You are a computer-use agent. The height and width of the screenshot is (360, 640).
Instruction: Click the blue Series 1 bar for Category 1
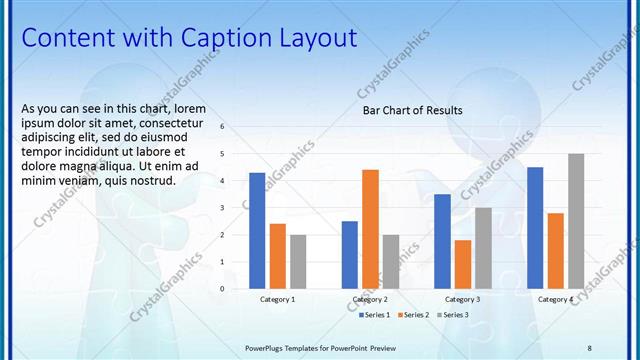pos(257,231)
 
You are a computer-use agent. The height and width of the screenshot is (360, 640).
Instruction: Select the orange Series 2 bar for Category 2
pos(370,229)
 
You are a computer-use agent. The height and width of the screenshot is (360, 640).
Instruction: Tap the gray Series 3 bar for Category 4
pos(576,221)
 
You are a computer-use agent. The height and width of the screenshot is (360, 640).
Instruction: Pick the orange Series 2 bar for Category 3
pos(463,264)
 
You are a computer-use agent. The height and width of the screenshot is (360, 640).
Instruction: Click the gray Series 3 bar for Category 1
pos(298,262)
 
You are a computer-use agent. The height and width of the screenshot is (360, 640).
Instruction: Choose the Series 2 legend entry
pos(414,315)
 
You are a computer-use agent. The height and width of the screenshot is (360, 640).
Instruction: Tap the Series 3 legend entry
pos(451,315)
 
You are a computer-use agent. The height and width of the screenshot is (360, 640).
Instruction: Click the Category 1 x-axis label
pos(277,299)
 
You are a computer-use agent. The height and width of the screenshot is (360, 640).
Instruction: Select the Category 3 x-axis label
pos(463,299)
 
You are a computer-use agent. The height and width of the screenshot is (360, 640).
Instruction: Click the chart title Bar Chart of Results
pos(412,110)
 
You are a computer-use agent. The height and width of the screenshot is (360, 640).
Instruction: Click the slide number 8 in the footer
pos(589,347)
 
